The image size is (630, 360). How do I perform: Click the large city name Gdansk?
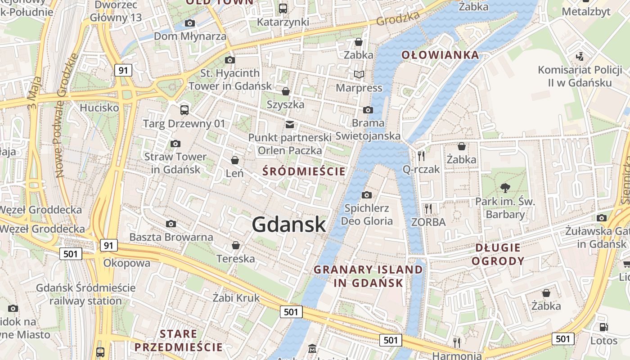coord(289,224)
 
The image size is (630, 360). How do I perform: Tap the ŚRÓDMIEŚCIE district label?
coord(304,171)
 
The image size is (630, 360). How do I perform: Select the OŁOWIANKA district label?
coord(440,55)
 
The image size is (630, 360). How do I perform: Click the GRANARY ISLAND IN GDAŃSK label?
coord(368,276)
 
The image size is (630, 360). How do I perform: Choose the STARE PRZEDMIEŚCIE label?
coord(178,341)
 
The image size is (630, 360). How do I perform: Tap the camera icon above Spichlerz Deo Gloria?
coord(367,195)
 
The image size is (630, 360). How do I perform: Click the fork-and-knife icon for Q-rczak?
coord(421,156)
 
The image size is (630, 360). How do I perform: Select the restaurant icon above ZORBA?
coord(428,208)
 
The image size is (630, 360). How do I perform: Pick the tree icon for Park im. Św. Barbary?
coord(505,188)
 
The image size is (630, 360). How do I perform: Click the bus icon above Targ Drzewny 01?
coord(184,110)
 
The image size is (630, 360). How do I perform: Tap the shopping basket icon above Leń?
coord(234,160)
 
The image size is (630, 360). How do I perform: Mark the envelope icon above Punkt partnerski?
coord(290,124)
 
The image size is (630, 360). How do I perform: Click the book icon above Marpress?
coord(359,74)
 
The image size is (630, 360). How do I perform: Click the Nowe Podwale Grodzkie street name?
coord(67,115)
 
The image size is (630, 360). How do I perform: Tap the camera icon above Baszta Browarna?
coord(171,224)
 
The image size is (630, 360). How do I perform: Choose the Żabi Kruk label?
coord(236,298)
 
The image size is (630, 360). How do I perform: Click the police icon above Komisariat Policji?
coord(580,57)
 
